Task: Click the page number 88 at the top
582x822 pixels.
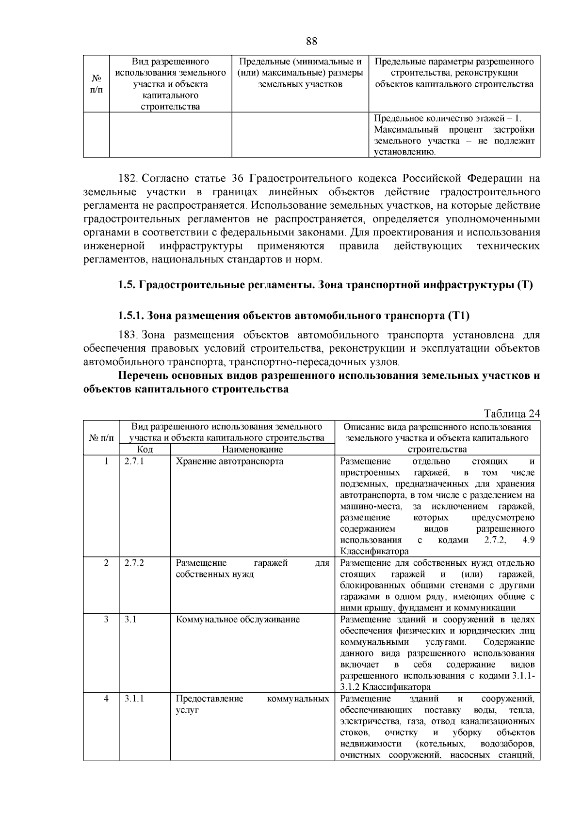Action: [311, 41]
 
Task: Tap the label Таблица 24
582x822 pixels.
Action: [512, 414]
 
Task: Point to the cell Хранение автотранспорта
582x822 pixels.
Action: [229, 461]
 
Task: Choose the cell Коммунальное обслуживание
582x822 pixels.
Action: [238, 620]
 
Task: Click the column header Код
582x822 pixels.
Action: [145, 450]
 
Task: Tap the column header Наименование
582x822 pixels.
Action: [252, 450]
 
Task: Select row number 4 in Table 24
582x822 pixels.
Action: [106, 698]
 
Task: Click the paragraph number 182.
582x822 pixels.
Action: [129, 178]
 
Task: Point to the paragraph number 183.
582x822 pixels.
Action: [129, 335]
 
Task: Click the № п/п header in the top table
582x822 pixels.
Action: [96, 84]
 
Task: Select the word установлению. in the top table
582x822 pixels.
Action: [405, 153]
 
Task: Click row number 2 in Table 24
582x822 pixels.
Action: [106, 563]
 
